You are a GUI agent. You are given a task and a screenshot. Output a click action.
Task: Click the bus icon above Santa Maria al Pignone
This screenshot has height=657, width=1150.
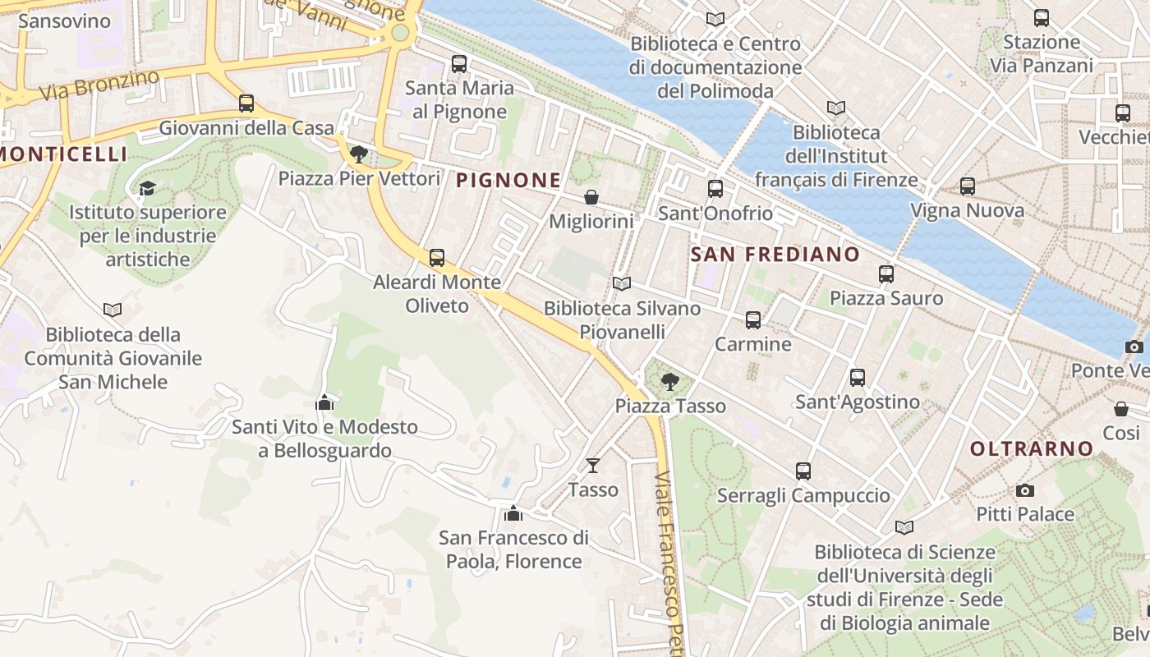(x=459, y=63)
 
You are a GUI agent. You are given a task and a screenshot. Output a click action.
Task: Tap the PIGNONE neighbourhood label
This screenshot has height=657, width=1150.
(x=508, y=180)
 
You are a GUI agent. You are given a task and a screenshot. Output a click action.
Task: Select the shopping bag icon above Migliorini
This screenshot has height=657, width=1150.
(x=591, y=197)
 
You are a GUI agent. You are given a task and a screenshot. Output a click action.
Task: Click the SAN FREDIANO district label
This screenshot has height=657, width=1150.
(x=775, y=255)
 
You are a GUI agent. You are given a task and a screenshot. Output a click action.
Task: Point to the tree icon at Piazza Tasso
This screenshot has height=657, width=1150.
(x=670, y=381)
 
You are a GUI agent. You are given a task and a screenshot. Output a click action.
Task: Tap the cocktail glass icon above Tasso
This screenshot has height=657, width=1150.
(x=593, y=466)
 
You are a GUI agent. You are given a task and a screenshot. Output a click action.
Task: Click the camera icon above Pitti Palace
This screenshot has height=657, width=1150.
(x=1024, y=490)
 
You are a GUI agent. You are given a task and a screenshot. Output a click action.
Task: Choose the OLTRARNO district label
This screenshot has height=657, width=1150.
(x=1032, y=448)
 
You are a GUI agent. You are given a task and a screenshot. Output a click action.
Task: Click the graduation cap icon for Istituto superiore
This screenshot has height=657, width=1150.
(x=147, y=189)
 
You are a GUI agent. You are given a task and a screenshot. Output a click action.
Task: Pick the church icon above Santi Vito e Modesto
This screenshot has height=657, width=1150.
(x=324, y=402)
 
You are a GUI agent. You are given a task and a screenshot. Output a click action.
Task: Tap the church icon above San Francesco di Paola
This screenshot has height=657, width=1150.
(x=513, y=513)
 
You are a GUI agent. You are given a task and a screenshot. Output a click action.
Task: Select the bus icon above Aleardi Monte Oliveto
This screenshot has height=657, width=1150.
(x=437, y=258)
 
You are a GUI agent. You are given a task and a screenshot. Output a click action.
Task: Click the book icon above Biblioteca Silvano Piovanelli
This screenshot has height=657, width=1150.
(x=622, y=284)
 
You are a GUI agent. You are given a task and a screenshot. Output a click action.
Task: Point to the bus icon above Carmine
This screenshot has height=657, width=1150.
(x=753, y=320)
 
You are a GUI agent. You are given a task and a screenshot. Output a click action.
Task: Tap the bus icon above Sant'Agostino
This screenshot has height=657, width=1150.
(x=858, y=378)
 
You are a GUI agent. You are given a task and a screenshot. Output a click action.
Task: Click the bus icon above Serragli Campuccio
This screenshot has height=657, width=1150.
(x=803, y=471)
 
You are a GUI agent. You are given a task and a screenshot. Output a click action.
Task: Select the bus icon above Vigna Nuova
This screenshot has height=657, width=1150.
(x=968, y=186)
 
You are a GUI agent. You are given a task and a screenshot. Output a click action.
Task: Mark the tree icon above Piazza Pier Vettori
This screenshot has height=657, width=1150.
(x=358, y=154)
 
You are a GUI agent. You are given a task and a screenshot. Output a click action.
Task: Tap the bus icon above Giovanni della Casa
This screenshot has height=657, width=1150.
(x=246, y=103)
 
